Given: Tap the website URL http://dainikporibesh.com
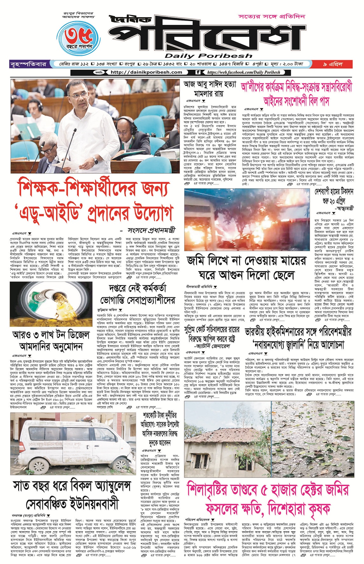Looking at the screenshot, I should (146, 72).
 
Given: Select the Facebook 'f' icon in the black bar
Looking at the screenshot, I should (198, 72).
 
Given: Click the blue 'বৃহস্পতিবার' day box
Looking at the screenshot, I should (28, 65).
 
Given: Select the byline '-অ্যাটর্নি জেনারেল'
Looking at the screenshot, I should (212, 346).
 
